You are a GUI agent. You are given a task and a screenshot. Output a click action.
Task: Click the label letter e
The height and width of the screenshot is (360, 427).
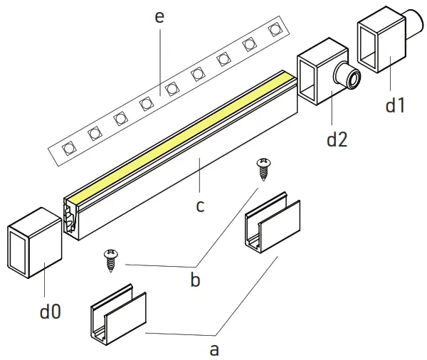click(159, 16)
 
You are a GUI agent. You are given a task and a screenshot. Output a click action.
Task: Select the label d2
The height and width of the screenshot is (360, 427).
click(337, 139)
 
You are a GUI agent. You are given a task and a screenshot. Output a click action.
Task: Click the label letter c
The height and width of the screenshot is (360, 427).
click(200, 206)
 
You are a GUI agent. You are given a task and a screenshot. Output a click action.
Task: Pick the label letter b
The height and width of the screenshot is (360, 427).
click(194, 279)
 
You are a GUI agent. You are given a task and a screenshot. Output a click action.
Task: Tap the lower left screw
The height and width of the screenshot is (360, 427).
click(110, 260)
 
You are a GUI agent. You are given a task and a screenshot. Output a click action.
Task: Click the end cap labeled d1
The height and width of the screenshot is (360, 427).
click(380, 44)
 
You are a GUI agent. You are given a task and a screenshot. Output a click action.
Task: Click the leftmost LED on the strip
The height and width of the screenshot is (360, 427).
click(68, 148)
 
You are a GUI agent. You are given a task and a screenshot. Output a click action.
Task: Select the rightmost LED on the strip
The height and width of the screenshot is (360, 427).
click(274, 30)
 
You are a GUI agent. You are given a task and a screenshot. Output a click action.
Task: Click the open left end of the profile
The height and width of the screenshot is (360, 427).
click(73, 216)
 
